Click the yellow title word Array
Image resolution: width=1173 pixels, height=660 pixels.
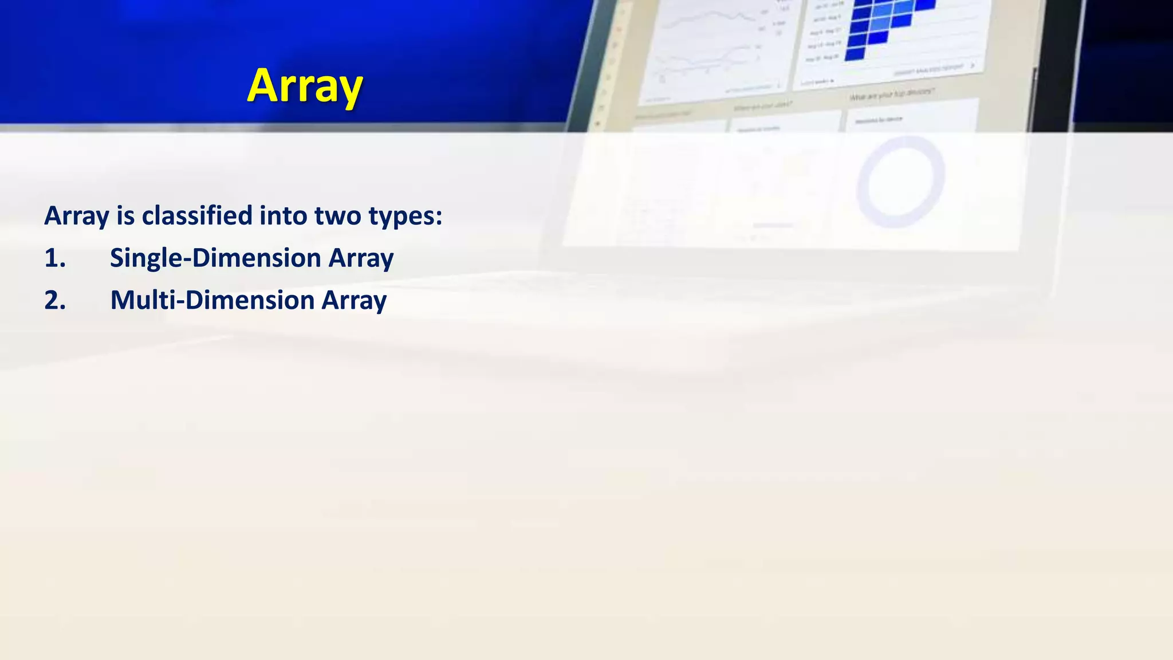click(305, 86)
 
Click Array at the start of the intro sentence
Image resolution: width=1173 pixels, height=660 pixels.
click(76, 216)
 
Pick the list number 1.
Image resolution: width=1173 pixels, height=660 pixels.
click(55, 258)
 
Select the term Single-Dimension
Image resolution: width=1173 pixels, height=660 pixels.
click(215, 258)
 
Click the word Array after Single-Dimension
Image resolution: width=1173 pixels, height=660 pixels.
click(361, 258)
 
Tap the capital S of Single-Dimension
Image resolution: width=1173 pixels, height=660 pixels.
click(117, 258)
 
